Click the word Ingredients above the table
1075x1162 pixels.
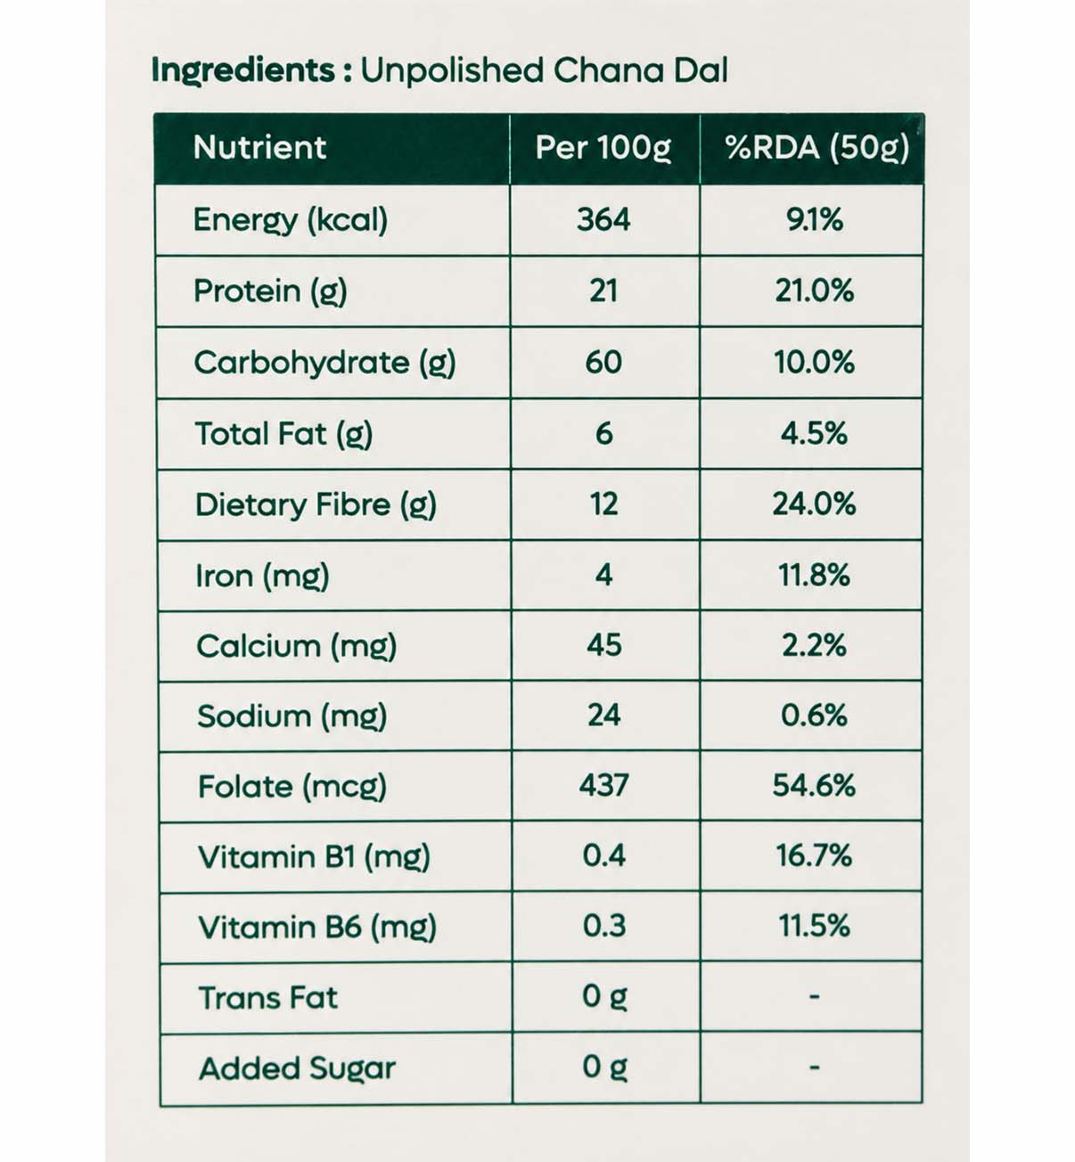coord(243,71)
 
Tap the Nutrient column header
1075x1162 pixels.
coord(259,147)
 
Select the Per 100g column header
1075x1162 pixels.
coord(603,148)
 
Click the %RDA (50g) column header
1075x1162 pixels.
coord(817,148)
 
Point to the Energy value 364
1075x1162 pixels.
coord(603,220)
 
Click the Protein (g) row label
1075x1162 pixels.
coord(270,291)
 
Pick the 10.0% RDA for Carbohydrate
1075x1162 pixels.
coord(814,362)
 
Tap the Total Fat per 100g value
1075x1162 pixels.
coord(603,434)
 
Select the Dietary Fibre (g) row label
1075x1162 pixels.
coord(316,505)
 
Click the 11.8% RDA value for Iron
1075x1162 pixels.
coord(814,575)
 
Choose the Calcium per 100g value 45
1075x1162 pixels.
coord(604,645)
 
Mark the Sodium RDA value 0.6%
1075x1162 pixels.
coord(814,716)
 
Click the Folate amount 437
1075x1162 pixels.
coord(604,785)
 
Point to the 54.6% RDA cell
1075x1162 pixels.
coord(814,786)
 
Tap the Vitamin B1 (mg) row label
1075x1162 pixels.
coord(314,857)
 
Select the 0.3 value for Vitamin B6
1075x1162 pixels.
coord(604,926)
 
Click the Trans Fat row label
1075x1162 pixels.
coord(268,997)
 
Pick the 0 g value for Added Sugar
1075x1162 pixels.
coord(604,1068)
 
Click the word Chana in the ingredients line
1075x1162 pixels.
coord(608,71)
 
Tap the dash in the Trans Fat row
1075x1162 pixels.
coord(814,996)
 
